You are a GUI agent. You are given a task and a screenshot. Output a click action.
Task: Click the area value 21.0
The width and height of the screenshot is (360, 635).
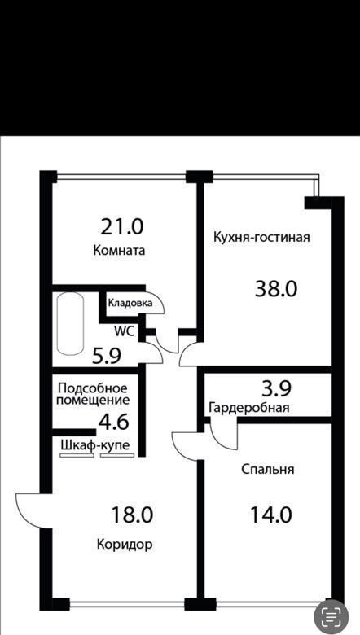pyautogui.click(x=122, y=227)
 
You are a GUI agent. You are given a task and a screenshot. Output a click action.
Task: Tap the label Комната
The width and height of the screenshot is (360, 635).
pyautogui.click(x=119, y=250)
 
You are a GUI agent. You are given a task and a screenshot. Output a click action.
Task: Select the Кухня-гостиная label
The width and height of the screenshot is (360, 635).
pyautogui.click(x=261, y=237)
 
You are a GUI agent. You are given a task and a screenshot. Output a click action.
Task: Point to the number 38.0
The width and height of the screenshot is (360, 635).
pyautogui.click(x=276, y=289)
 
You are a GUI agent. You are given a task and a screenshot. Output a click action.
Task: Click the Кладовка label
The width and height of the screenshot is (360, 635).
pyautogui.click(x=130, y=303)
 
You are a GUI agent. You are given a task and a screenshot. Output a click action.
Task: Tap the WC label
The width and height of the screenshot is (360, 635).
pyautogui.click(x=125, y=331)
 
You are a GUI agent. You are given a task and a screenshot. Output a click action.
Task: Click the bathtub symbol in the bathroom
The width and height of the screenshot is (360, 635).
pyautogui.click(x=71, y=323)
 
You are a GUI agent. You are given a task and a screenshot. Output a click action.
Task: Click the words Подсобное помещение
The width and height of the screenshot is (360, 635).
pyautogui.click(x=93, y=395)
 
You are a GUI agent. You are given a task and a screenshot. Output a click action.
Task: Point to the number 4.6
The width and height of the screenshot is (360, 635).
pyautogui.click(x=113, y=422)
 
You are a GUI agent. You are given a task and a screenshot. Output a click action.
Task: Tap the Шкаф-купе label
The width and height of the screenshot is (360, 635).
pyautogui.click(x=95, y=445)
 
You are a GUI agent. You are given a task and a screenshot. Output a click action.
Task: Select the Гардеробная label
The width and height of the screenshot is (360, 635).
pyautogui.click(x=249, y=408)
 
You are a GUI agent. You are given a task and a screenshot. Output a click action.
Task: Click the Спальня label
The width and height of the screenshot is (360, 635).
pyautogui.click(x=268, y=470)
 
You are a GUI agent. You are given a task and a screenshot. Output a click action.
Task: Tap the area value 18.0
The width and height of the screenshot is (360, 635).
pyautogui.click(x=132, y=515)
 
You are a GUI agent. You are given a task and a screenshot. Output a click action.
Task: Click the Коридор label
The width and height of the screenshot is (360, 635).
pyautogui.click(x=125, y=545)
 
